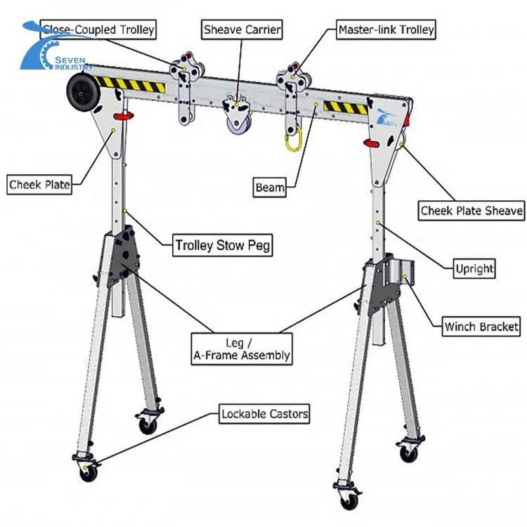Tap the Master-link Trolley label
click(x=386, y=30)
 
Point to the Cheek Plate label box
click(x=39, y=185)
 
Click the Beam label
click(x=270, y=187)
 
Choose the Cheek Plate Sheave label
click(x=471, y=210)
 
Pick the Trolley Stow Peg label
click(x=223, y=245)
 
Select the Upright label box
click(x=474, y=268)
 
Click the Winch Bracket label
click(x=481, y=326)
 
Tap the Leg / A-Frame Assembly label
click(x=241, y=349)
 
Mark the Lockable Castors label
click(x=264, y=414)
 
